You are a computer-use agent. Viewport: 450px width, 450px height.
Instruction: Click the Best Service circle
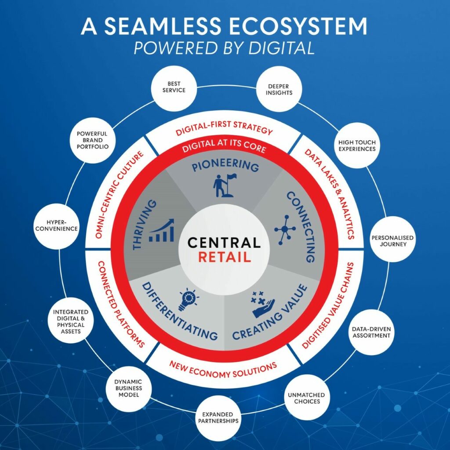[x=174, y=88]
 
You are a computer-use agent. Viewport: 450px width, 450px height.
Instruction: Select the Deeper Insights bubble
[x=279, y=89]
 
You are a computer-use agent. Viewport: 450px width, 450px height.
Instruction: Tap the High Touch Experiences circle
[x=357, y=145]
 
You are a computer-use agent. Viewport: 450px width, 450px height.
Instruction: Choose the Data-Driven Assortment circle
[x=371, y=332]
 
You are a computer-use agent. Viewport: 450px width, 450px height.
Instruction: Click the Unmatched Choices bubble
[x=307, y=397]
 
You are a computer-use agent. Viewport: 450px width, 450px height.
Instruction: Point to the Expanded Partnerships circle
[x=218, y=418]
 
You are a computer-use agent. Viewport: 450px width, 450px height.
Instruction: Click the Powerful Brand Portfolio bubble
[x=92, y=140]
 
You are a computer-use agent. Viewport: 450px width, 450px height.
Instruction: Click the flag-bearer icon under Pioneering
[x=225, y=185]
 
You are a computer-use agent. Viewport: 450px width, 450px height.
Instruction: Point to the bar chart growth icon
[x=162, y=230]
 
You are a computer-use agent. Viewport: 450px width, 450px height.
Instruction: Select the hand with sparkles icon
[x=263, y=305]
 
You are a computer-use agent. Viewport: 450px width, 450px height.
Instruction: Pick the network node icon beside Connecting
[x=285, y=229]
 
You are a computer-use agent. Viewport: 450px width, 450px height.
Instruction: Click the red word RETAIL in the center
[x=225, y=257]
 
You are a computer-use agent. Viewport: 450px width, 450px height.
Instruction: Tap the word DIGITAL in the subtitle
[x=282, y=48]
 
